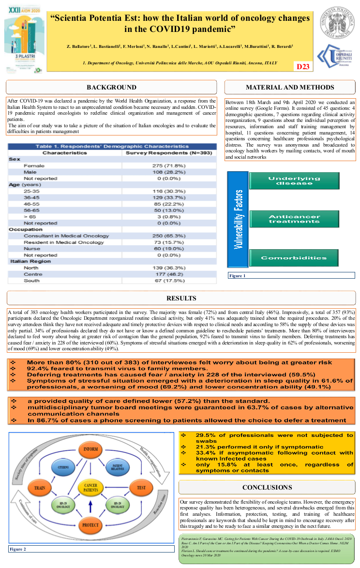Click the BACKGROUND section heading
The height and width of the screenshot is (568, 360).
(x=111, y=87)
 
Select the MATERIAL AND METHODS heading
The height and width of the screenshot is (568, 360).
(x=290, y=87)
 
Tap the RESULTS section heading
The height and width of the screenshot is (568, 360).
(x=181, y=298)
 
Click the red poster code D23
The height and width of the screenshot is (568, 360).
(x=303, y=66)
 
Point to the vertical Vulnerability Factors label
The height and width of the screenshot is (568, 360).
(x=239, y=219)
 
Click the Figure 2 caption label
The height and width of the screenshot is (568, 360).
(x=18, y=549)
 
